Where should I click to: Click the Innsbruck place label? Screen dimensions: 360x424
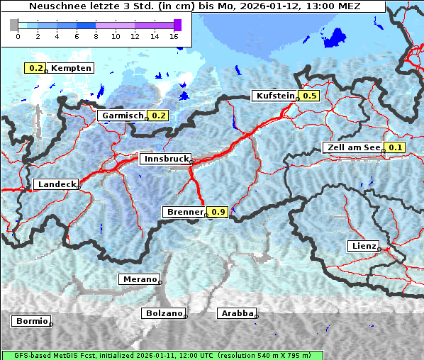pyautogui.click(x=164, y=159)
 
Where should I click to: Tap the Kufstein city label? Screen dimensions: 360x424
pyautogui.click(x=274, y=96)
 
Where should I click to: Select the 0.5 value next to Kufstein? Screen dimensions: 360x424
pyautogui.click(x=309, y=96)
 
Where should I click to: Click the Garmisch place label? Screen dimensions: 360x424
pyautogui.click(x=123, y=116)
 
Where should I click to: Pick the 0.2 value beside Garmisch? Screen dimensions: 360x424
pyautogui.click(x=158, y=116)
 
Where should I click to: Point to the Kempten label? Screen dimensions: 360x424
pyautogui.click(x=71, y=68)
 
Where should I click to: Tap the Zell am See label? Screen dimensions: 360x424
pyautogui.click(x=352, y=148)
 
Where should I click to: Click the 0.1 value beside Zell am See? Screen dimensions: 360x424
pyautogui.click(x=394, y=148)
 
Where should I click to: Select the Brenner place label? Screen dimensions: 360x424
pyautogui.click(x=184, y=212)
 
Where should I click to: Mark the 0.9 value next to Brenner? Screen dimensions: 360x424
pyautogui.click(x=218, y=212)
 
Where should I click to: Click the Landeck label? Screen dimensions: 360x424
pyautogui.click(x=56, y=184)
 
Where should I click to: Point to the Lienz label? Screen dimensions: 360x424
pyautogui.click(x=362, y=246)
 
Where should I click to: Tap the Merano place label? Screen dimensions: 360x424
pyautogui.click(x=139, y=279)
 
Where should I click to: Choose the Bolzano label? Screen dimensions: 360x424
pyautogui.click(x=163, y=313)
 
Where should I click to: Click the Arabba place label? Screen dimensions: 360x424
pyautogui.click(x=237, y=313)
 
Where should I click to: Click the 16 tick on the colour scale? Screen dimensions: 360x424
pyautogui.click(x=174, y=35)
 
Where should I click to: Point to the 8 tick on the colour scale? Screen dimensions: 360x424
pyautogui.click(x=96, y=35)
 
